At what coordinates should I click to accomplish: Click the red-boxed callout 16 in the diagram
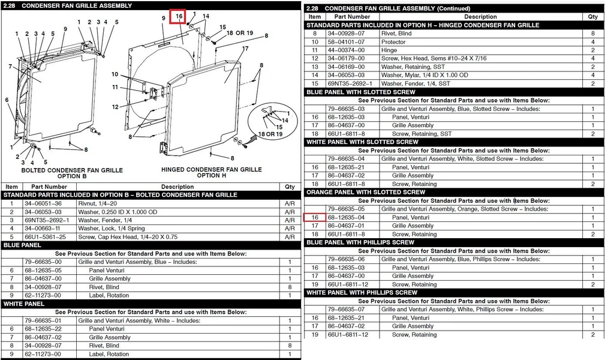tap(178, 16)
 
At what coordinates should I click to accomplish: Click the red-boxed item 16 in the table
tap(315, 217)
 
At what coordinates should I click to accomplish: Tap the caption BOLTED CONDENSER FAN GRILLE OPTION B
tap(72, 173)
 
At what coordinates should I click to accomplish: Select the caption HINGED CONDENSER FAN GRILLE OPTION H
tap(212, 172)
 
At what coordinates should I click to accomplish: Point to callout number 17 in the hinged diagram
tap(245, 49)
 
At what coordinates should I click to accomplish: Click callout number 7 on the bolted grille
tap(10, 67)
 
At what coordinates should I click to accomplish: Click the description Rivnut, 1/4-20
tap(97, 203)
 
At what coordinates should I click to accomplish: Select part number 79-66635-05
tap(346, 209)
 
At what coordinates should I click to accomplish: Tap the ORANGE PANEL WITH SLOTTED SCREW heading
tap(366, 193)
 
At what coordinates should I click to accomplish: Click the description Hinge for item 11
tap(389, 50)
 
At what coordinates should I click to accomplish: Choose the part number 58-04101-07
tap(346, 42)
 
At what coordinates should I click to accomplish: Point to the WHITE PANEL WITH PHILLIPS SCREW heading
tap(362, 293)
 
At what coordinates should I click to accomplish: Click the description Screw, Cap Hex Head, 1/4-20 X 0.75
tap(128, 237)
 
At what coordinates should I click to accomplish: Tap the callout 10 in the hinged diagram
tap(115, 74)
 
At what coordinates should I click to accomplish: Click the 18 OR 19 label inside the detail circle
tap(270, 134)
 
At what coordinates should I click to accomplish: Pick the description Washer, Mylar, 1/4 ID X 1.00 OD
tap(425, 76)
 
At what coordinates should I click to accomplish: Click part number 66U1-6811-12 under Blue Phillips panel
tap(348, 284)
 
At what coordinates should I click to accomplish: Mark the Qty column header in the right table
tap(592, 17)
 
